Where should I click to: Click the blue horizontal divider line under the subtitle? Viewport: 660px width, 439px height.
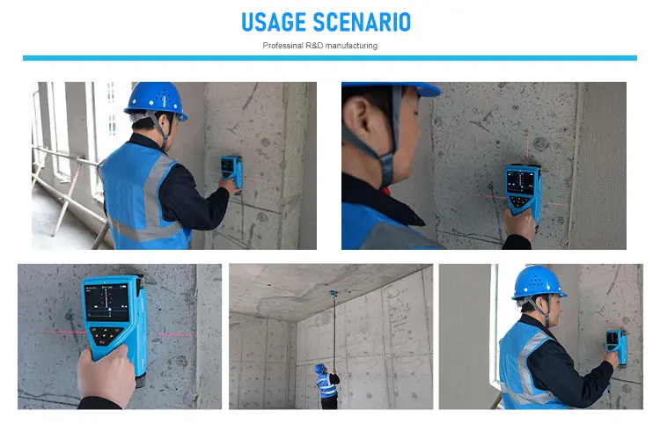pos(329,58)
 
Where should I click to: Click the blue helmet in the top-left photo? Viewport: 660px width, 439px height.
pos(156,99)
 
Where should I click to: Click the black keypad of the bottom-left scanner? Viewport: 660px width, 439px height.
pos(106,337)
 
